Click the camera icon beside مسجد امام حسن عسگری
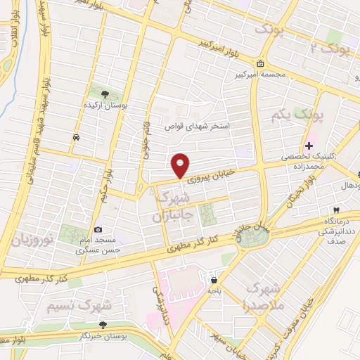[98, 229]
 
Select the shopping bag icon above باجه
[213, 280]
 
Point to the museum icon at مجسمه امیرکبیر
[262, 64]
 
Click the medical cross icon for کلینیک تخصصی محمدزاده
[309, 145]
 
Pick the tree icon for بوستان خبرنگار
[103, 324]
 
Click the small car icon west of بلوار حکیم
[75, 138]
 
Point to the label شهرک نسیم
[79, 307]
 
